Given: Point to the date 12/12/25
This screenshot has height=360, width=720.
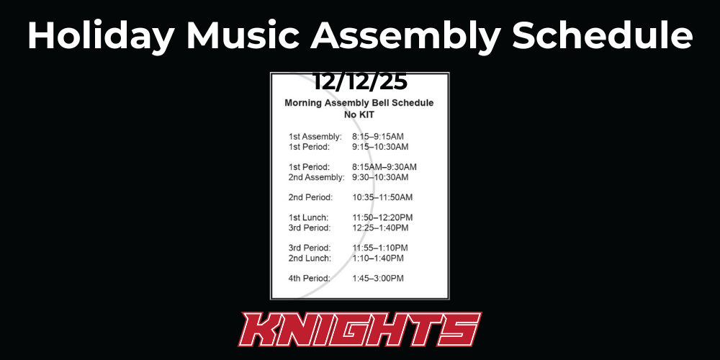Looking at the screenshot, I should coord(360,81).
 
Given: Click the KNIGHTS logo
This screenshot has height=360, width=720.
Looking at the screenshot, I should coord(360,330).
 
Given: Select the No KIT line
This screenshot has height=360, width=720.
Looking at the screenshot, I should coord(359,114).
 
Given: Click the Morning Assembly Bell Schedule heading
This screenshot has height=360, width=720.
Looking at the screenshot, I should coord(359,103).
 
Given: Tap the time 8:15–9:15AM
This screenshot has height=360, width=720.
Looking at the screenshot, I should coord(378,136).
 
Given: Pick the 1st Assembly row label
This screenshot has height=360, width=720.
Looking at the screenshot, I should coord(315,136).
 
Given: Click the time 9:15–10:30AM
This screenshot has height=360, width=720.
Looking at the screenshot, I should coord(380,147).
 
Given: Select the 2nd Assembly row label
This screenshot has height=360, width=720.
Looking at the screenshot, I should coord(317,177).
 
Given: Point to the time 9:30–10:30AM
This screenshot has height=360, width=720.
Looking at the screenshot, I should coord(380,177).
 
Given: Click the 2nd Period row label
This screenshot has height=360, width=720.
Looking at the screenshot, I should coord(310,197).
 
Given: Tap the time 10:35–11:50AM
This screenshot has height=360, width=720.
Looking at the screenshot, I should coord(382,197).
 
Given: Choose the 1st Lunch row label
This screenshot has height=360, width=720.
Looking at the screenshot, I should coord(309,217).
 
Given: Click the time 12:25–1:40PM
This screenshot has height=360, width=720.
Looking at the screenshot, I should coord(380,228).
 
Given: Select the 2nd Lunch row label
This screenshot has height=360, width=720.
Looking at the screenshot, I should coord(310,258).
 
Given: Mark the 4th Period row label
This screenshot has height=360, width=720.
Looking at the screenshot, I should coord(310,278).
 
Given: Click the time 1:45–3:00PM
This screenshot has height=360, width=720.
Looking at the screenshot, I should coord(378,278).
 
